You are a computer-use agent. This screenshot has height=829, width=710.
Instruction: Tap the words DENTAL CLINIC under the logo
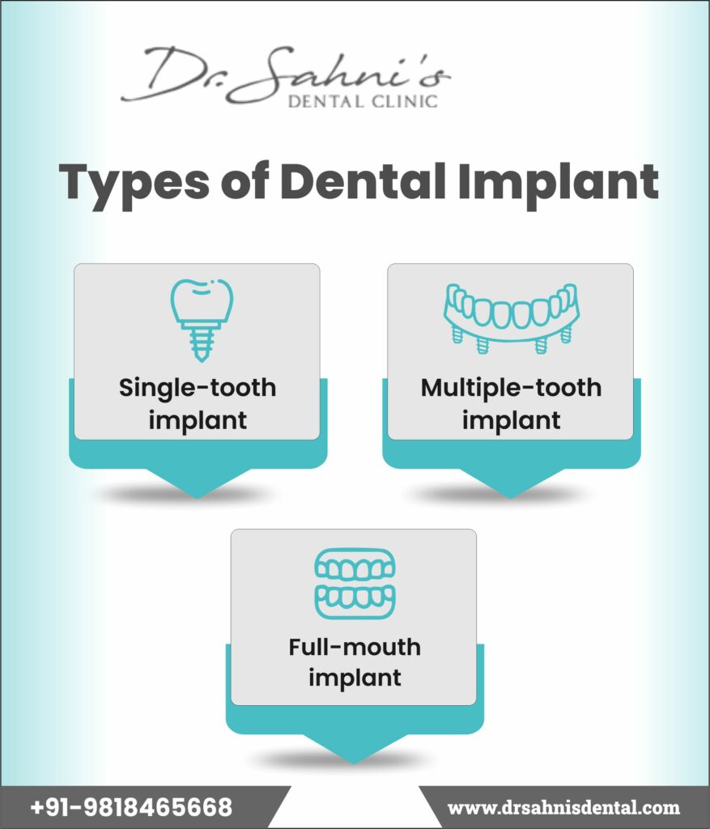[363, 101]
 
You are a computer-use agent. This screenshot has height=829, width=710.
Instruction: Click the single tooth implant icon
[202, 320]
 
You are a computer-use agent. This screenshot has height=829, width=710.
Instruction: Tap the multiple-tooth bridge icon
[511, 318]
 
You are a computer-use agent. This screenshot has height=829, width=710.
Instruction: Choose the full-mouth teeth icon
[355, 584]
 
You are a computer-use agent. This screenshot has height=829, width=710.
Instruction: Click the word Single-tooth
[198, 388]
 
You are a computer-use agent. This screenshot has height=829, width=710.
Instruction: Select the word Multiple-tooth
[511, 388]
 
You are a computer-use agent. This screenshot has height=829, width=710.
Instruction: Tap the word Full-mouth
[355, 647]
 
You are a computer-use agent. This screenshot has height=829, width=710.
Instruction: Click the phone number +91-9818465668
[131, 807]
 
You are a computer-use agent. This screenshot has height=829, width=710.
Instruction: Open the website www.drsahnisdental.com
[563, 808]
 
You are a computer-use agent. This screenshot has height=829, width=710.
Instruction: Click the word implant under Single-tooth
[198, 421]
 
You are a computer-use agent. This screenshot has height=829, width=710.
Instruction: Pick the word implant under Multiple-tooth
[511, 421]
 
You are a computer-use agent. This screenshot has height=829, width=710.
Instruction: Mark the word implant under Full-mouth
[355, 678]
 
